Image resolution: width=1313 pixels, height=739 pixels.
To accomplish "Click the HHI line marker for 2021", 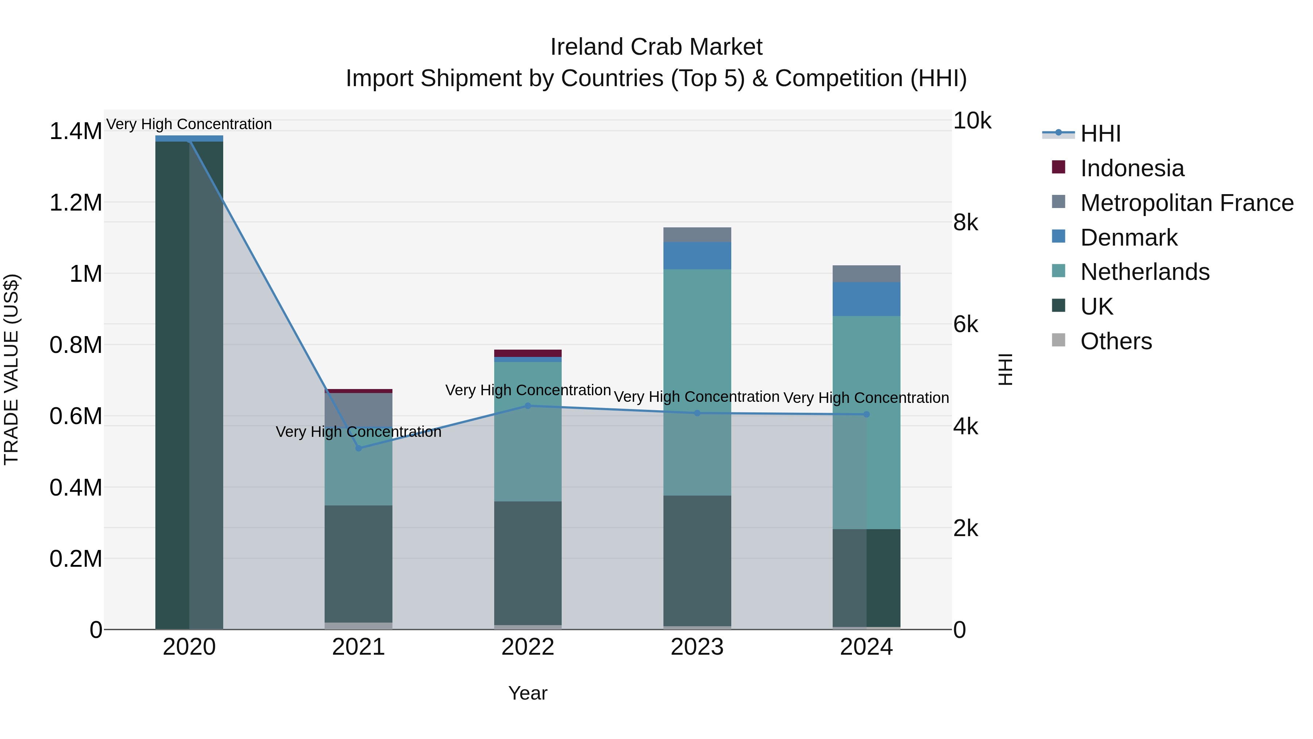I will pos(358,448).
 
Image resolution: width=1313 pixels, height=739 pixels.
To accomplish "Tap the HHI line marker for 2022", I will pos(527,406).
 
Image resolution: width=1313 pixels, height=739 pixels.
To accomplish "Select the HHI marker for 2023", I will pos(697,413).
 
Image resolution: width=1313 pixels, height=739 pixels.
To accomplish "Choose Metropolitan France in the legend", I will pos(1186,203).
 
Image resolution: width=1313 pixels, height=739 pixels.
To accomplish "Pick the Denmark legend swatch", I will pos(1059,236).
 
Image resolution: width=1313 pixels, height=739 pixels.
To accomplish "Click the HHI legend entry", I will pos(1100,134).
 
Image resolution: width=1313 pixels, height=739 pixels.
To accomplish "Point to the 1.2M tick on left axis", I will pos(75,203).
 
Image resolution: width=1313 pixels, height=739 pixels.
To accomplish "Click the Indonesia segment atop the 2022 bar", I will pos(527,353).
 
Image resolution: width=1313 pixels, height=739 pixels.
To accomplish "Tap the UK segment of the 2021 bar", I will pos(358,563).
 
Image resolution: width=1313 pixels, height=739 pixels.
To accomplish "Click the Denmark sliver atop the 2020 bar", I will pos(189,139).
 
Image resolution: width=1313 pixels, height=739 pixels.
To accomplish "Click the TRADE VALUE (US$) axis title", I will pos(11,369).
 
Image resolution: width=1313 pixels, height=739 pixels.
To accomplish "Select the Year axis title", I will pos(527,693).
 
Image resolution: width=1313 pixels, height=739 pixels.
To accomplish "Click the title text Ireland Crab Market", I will pos(656,47).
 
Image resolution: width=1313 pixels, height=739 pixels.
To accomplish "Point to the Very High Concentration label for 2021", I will pos(358,432).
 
